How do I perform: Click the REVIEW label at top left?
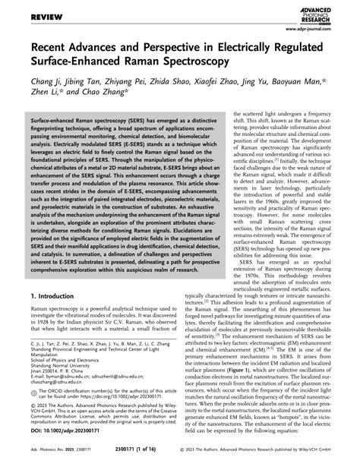pyautogui.click(x=24, y=9)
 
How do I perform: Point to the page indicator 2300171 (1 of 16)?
pyautogui.click(x=179, y=463)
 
